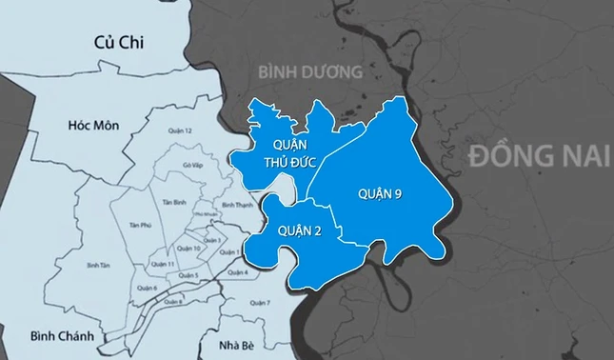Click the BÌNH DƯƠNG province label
pyautogui.click(x=311, y=71)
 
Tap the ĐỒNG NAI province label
pyautogui.click(x=535, y=155)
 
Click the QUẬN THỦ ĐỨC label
pyautogui.click(x=278, y=151)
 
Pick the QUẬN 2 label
pyautogui.click(x=301, y=230)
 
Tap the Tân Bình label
pyautogui.click(x=173, y=202)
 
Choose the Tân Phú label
pyautogui.click(x=139, y=224)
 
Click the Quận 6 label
pyautogui.click(x=147, y=287)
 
